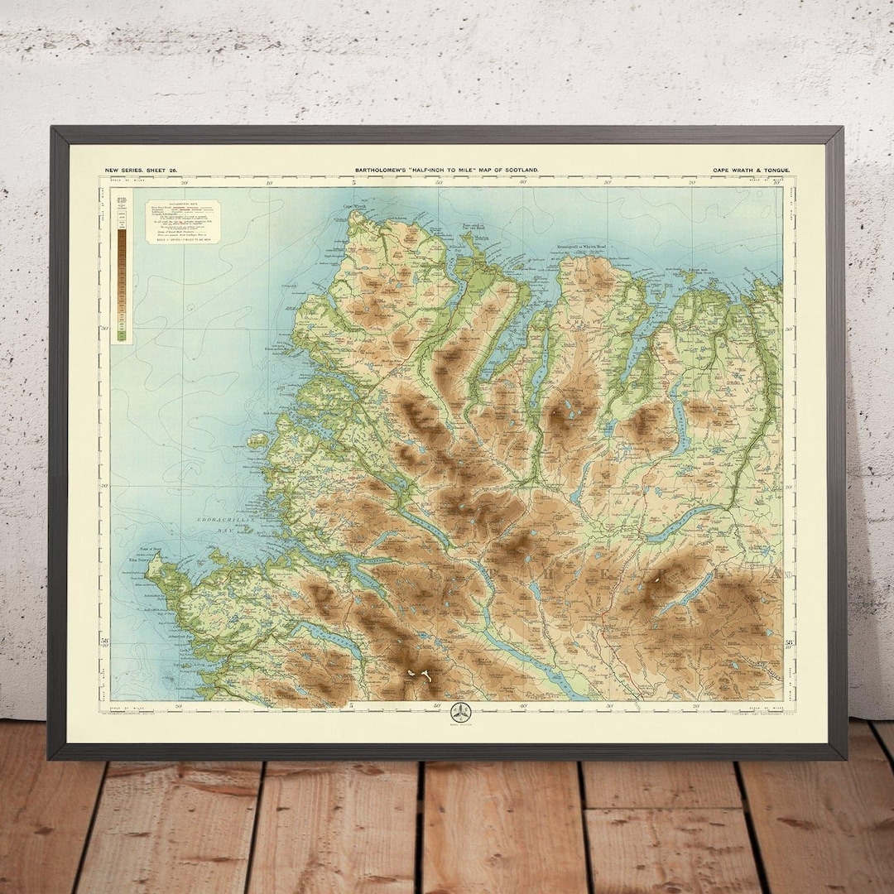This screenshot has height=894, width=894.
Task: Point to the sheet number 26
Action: tap(169, 170)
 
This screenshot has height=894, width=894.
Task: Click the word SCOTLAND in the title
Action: tap(521, 170)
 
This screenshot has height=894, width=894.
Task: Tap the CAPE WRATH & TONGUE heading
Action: tap(751, 170)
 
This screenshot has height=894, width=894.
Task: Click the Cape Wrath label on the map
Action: tap(356, 206)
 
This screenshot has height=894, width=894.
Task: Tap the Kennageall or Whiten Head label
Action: tap(589, 247)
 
